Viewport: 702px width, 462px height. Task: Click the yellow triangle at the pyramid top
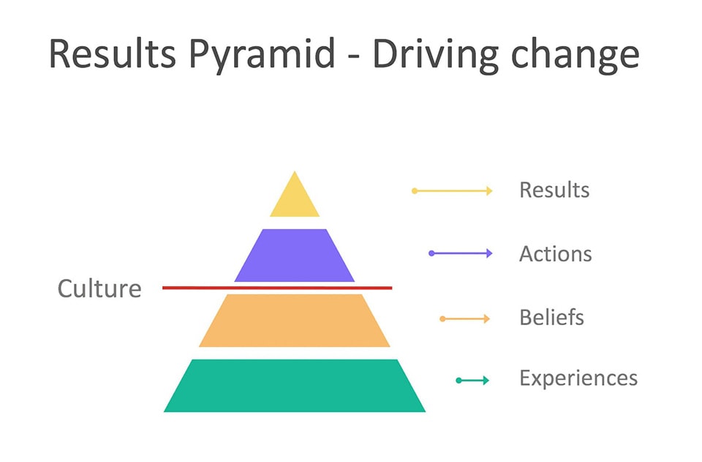295,200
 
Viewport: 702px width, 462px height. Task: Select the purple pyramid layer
295,256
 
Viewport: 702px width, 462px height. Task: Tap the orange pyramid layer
295,321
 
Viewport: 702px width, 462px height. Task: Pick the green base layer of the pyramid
295,385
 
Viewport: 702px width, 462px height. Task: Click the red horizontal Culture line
277,288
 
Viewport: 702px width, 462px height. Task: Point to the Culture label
99,288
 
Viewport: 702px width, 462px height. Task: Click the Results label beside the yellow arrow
554,190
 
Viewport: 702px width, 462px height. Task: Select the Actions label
556,254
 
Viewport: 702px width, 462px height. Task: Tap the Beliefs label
551,318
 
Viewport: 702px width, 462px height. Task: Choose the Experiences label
578,379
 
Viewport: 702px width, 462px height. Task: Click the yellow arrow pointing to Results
452,191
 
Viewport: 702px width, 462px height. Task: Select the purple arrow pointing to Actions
461,253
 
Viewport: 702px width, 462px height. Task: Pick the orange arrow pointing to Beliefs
465,318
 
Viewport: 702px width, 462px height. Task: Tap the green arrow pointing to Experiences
473,381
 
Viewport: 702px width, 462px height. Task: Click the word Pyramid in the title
262,54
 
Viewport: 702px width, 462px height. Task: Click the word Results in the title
112,53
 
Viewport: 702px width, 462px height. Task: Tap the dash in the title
354,57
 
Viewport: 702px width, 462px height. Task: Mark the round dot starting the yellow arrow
415,191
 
